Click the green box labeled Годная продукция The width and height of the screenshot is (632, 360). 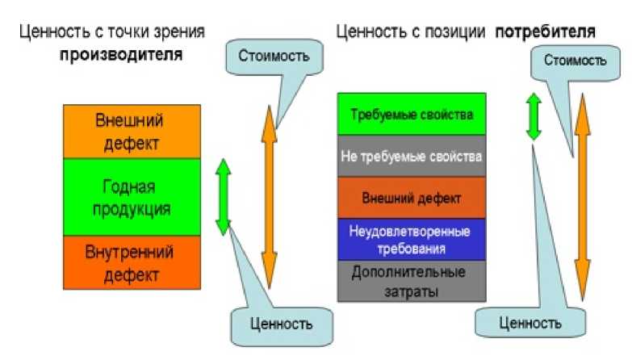point(132,197)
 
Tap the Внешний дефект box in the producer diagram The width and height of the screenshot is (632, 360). point(132,132)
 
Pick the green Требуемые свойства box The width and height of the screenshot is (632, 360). point(411,114)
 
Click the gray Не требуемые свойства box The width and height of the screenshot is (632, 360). point(411,157)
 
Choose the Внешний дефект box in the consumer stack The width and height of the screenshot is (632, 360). point(411,198)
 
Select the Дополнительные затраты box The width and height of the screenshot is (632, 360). point(411,281)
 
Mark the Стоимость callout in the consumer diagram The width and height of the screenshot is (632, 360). point(575,60)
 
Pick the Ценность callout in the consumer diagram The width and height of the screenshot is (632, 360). point(530,322)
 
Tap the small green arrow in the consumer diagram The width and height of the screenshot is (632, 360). point(533,116)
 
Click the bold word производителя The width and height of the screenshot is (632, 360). point(120,57)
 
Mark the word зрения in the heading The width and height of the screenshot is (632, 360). point(182,32)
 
